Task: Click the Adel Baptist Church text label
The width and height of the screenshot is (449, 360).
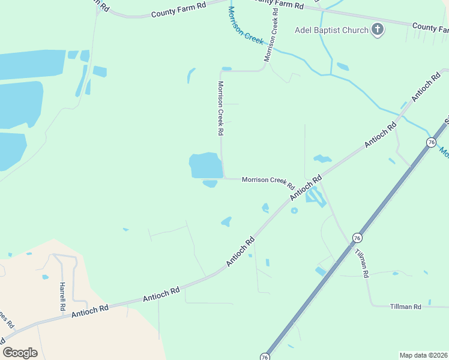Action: (331, 30)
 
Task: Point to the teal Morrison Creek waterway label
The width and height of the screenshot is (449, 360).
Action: (246, 25)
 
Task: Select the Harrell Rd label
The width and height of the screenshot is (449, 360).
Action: (62, 296)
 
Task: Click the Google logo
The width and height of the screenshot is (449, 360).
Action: (20, 353)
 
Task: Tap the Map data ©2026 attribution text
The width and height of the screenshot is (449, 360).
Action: (423, 355)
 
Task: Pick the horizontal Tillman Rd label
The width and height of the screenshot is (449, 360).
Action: (405, 307)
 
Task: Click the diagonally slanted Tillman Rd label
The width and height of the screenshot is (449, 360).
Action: (361, 262)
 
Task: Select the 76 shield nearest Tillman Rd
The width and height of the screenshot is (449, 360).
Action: (357, 238)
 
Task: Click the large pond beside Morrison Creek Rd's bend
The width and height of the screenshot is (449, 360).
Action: (205, 165)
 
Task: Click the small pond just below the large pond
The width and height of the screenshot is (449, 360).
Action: (210, 184)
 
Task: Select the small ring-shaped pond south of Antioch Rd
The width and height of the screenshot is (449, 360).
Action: (294, 211)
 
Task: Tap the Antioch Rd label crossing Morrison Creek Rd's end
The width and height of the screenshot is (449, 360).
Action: (306, 188)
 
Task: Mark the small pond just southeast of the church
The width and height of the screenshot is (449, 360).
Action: (343, 67)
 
